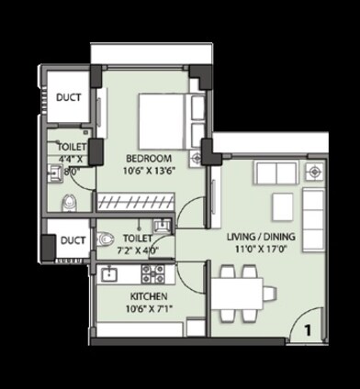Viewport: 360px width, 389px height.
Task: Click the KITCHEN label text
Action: click(148, 297)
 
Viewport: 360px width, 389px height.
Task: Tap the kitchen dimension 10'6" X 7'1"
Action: click(146, 310)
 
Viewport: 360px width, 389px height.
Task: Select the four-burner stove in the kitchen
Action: click(152, 272)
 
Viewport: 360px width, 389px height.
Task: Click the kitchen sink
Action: click(108, 272)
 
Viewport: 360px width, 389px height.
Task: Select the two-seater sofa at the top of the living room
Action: click(276, 173)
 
